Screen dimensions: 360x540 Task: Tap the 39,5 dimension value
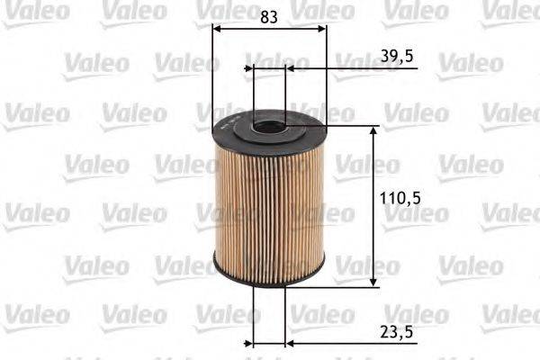(397, 56)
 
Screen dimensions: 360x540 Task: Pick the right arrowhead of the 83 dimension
(320, 29)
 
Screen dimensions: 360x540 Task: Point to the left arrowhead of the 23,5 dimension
(256, 343)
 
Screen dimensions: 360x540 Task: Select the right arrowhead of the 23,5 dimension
(282, 343)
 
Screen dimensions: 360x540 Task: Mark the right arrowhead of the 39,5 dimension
(281, 67)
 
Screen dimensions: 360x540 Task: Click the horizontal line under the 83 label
(268, 29)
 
